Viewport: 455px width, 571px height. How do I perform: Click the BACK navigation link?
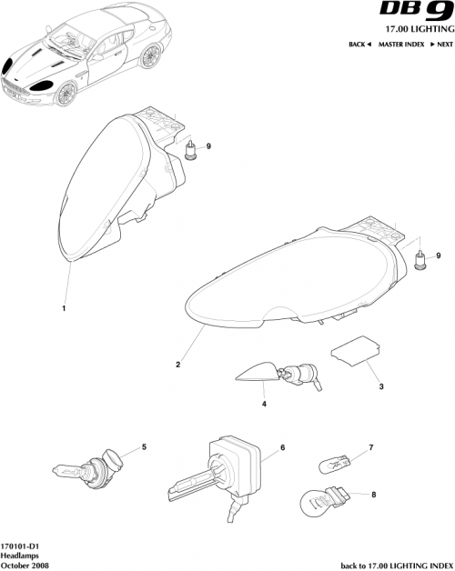[x=359, y=45]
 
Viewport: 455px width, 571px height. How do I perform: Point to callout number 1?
[x=64, y=309]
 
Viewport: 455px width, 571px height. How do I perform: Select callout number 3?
[x=369, y=386]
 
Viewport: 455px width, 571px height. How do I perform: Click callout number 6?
[x=283, y=447]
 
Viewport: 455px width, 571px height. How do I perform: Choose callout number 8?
[x=371, y=494]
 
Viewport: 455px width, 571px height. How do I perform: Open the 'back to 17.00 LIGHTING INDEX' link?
[x=396, y=565]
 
